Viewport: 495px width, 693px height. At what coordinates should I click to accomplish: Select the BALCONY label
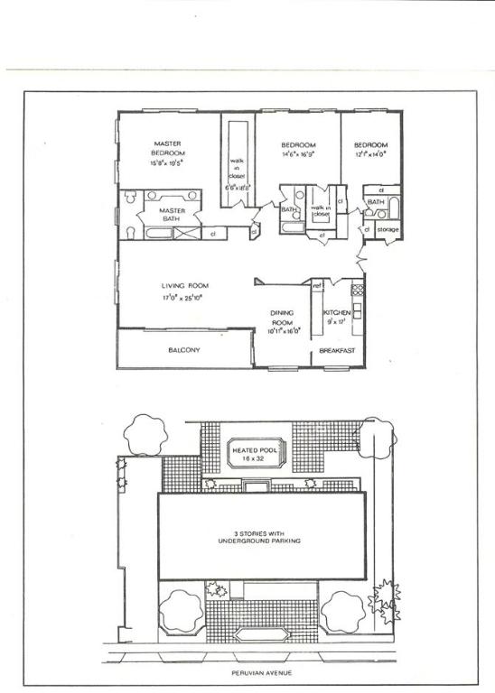point(183,350)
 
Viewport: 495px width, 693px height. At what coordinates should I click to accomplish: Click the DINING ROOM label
point(282,318)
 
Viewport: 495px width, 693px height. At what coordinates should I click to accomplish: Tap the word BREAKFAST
point(336,351)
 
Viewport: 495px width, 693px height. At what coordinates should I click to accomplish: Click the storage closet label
point(388,230)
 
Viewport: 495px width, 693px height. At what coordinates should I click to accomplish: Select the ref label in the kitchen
point(318,287)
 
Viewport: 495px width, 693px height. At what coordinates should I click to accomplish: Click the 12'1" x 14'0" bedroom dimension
point(369,154)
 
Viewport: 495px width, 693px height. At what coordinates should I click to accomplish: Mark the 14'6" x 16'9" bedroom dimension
point(297,154)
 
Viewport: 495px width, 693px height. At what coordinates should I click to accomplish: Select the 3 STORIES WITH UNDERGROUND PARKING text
point(258,537)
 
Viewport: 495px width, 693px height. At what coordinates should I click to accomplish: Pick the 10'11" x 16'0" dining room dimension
point(282,331)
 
